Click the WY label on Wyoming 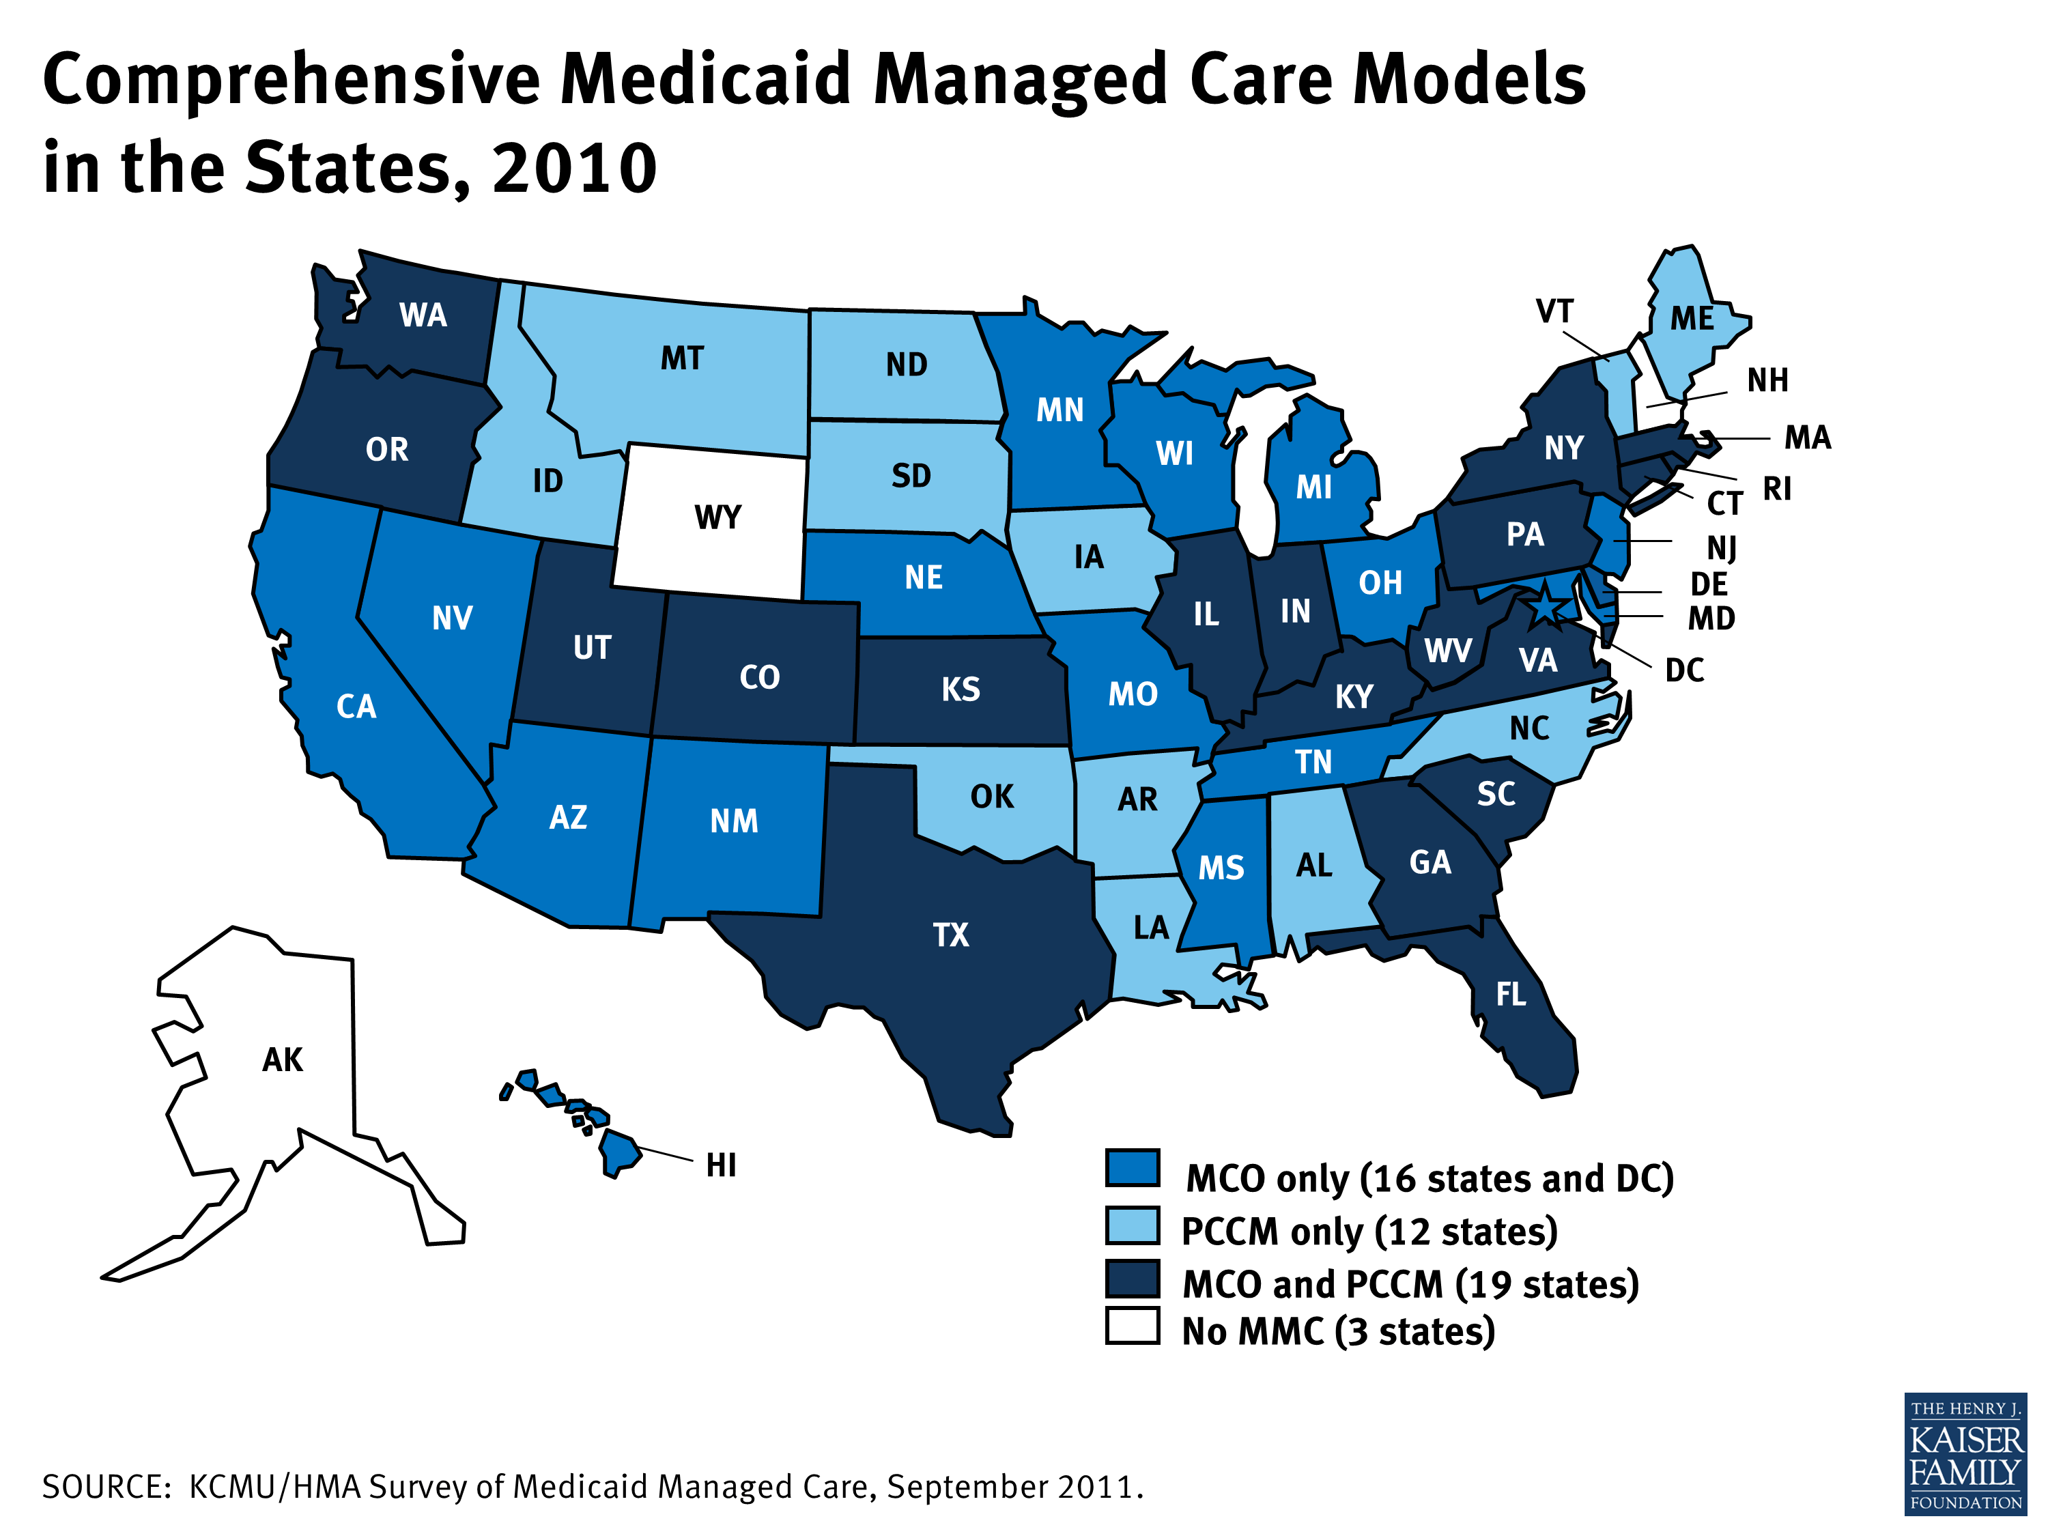717,517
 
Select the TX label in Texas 951,935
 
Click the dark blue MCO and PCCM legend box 1131,1279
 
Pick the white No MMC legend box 1131,1326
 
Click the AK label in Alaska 283,1060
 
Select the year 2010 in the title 574,169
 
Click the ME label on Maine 1692,319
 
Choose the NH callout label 1767,380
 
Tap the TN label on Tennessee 1313,762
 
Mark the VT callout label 1554,312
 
